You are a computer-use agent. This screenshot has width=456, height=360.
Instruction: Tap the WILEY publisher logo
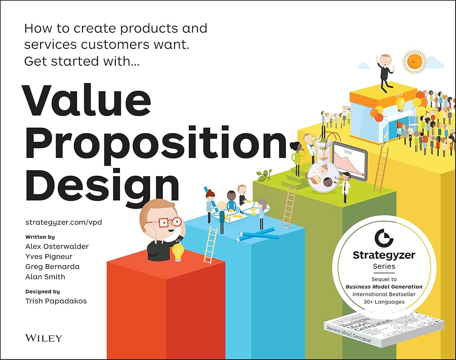click(x=44, y=338)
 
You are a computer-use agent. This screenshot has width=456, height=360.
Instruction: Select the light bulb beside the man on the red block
click(x=177, y=252)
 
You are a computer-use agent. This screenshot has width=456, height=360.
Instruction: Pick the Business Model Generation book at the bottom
click(x=383, y=330)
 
